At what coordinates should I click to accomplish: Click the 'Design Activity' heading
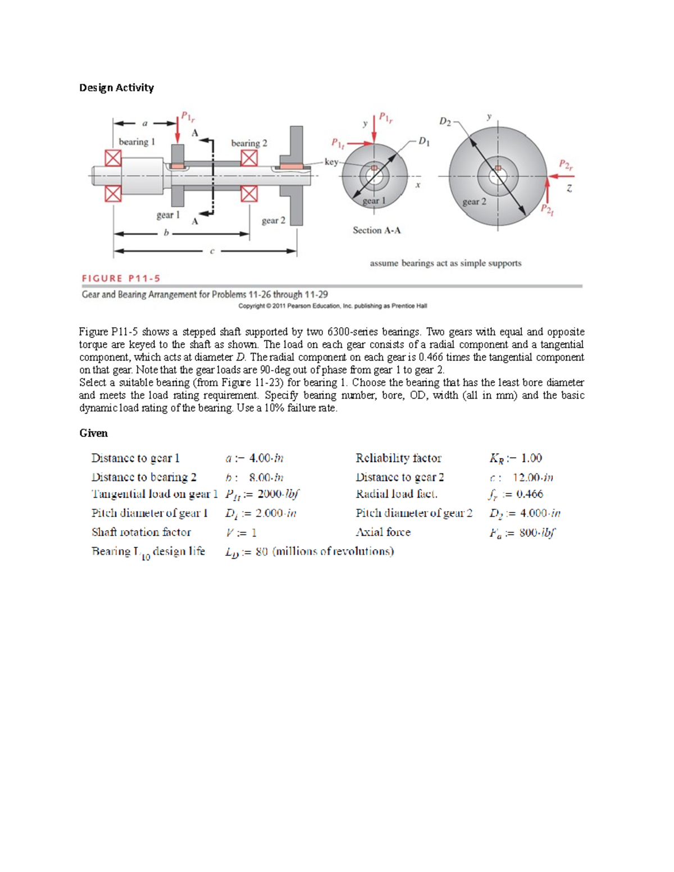point(116,88)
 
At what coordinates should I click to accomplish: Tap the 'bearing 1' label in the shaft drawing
point(136,142)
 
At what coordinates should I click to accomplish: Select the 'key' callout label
point(331,162)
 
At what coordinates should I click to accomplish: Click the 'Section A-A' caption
point(376,230)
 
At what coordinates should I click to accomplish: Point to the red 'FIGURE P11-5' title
point(121,279)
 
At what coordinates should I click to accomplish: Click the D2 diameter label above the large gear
point(445,121)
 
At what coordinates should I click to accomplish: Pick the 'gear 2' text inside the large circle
point(474,202)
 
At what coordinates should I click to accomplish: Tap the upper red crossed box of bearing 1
point(113,158)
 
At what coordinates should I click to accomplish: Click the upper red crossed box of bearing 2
point(249,158)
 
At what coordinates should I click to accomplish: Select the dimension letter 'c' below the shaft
point(212,251)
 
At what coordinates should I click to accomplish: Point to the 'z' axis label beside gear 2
point(569,189)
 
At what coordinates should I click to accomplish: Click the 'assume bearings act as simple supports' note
point(445,263)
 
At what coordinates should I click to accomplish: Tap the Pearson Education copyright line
point(333,306)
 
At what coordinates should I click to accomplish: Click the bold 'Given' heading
point(93,433)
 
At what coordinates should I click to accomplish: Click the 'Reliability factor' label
point(398,458)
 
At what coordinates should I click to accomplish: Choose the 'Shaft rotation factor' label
point(141,532)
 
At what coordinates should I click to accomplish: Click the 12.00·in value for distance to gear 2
point(532,477)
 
